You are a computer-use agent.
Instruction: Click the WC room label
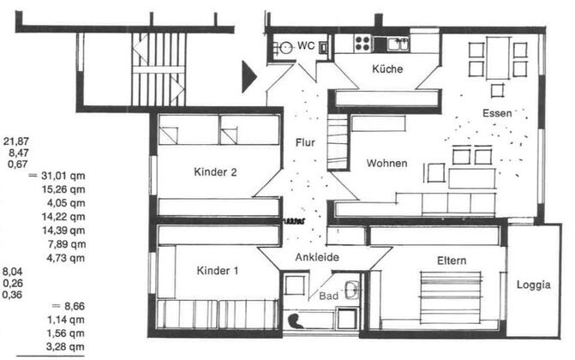click(x=306, y=45)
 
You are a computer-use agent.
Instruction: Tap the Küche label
click(x=387, y=69)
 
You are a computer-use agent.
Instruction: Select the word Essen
click(x=497, y=113)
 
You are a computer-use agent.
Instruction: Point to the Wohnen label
click(x=386, y=163)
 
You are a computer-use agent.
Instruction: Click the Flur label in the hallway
click(x=305, y=142)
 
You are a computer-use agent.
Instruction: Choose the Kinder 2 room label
click(x=215, y=171)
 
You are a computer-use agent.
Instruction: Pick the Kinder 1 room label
click(x=218, y=271)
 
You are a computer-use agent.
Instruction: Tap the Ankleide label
click(x=317, y=257)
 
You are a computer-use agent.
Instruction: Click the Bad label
click(x=328, y=296)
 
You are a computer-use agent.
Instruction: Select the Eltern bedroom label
click(x=452, y=261)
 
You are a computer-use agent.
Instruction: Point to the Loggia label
click(x=534, y=285)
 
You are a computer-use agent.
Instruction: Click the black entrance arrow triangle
click(x=249, y=76)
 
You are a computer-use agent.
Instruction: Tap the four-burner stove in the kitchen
click(x=362, y=43)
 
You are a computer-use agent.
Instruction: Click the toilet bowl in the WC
click(x=286, y=47)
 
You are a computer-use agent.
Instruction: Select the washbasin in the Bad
click(x=352, y=289)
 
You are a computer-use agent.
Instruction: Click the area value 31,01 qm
click(x=63, y=176)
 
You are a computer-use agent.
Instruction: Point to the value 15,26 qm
click(x=63, y=189)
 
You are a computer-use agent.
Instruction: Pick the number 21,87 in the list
click(x=16, y=141)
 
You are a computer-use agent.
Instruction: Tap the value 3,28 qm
click(x=65, y=347)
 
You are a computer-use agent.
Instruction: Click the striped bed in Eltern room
click(x=451, y=297)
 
